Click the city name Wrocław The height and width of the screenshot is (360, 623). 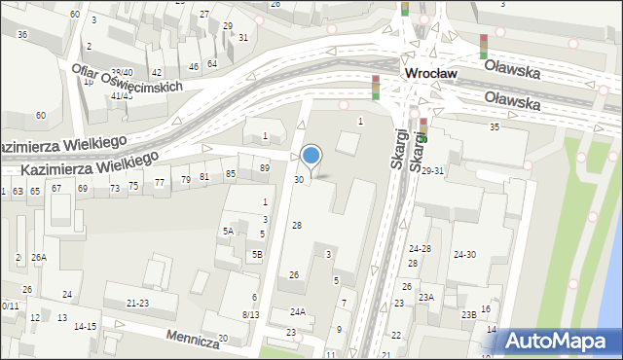tap(432, 74)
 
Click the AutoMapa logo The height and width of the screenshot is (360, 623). tap(562, 342)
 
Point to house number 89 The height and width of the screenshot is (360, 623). tap(264, 168)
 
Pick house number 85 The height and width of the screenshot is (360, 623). tap(231, 173)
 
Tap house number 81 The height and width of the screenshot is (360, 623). tap(204, 176)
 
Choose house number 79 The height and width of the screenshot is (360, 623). tap(185, 179)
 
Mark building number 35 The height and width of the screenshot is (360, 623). tap(495, 127)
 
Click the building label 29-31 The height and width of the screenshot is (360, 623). tap(433, 170)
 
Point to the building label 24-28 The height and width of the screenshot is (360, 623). tap(420, 249)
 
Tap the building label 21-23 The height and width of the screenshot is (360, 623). tap(137, 304)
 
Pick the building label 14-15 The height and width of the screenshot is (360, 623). tap(86, 326)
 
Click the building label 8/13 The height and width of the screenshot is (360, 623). tap(250, 314)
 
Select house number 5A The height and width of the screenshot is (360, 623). tap(228, 231)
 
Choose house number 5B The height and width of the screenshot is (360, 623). tap(257, 254)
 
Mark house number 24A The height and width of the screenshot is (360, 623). tap(298, 311)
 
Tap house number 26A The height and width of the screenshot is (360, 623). tap(39, 257)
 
